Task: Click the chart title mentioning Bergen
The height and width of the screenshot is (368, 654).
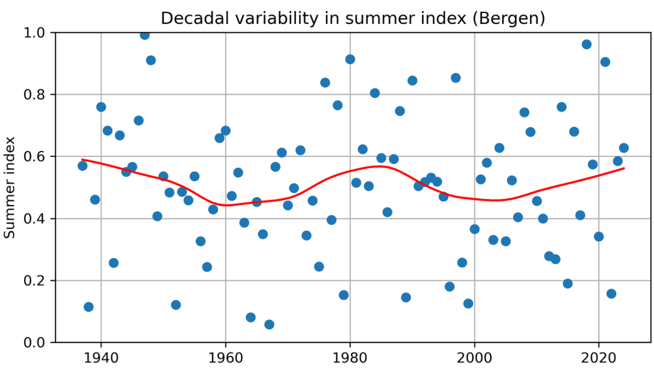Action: coord(353,18)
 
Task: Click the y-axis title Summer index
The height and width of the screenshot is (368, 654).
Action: coord(10,186)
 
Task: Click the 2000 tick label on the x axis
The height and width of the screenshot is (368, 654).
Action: coord(475,357)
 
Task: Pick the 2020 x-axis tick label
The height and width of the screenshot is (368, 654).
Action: coord(599,357)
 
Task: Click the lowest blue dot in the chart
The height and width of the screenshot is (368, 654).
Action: coord(269,324)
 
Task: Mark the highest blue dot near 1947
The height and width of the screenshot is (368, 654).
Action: coord(144,35)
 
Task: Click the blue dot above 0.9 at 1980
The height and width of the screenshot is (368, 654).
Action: coord(350,59)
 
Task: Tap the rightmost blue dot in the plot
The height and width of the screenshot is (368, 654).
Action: coord(624,148)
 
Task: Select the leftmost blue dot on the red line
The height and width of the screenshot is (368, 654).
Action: coord(82,166)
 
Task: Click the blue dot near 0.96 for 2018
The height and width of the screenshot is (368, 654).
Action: coord(586,44)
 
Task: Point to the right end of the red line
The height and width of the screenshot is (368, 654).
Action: coord(624,168)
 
